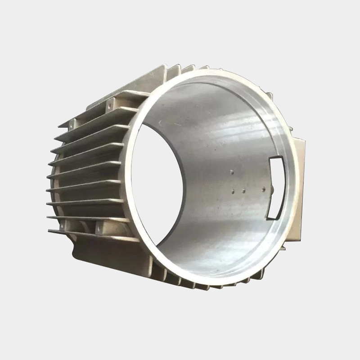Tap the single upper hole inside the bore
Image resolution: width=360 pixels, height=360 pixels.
tap(231, 171)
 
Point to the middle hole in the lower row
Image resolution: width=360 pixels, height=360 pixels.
tap(243, 191)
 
